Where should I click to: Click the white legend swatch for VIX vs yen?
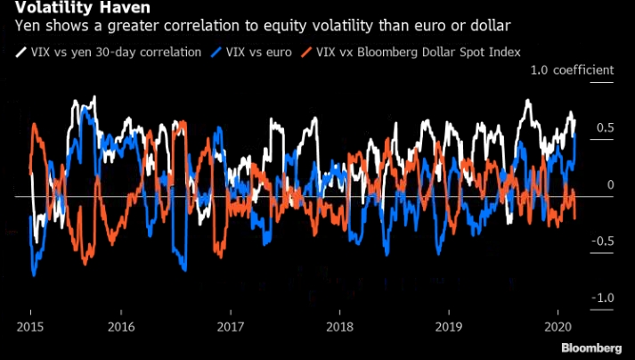[x=21, y=52]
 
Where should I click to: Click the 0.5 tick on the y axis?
[x=581, y=127]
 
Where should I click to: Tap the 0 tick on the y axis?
[x=585, y=184]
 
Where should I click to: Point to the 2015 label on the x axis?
[x=30, y=326]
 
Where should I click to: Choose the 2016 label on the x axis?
[x=121, y=326]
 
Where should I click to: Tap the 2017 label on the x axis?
[x=230, y=326]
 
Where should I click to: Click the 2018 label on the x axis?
[x=338, y=326]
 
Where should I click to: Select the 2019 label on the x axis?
[x=448, y=326]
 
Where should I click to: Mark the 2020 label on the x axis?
[x=557, y=326]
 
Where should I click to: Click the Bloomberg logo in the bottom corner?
[x=590, y=347]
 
